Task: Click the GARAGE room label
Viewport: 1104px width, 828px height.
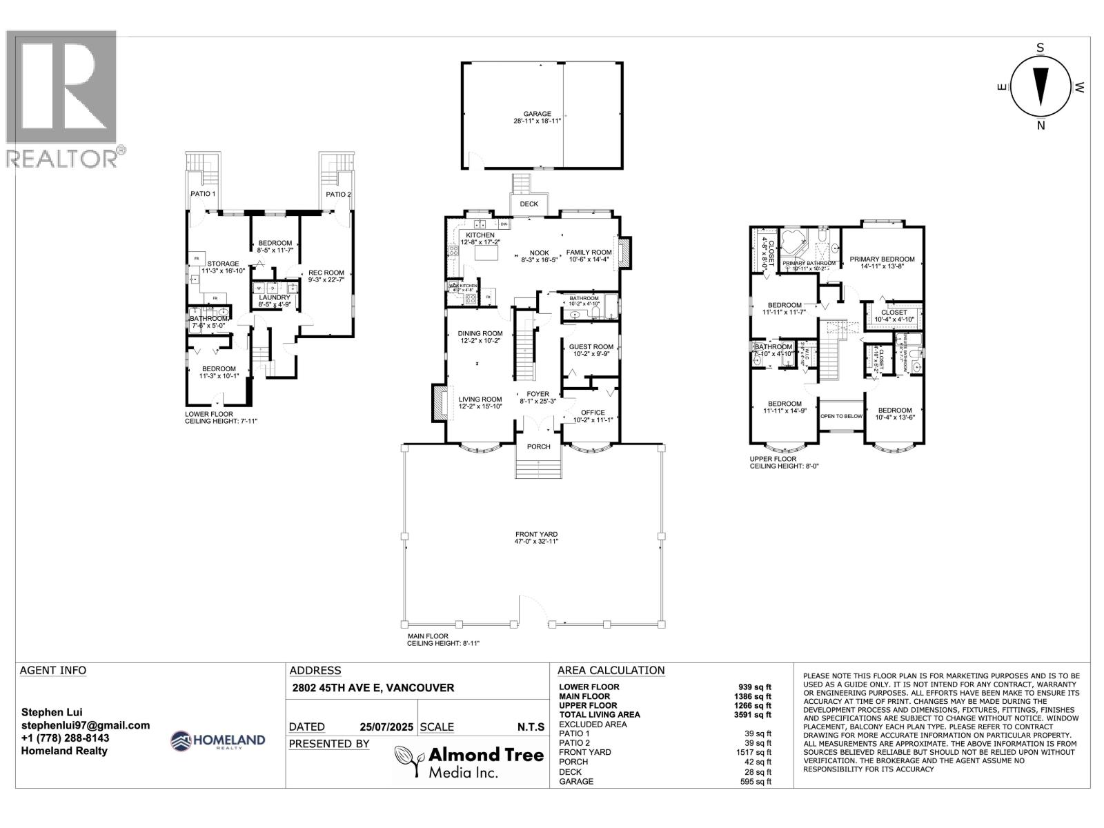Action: pyautogui.click(x=537, y=114)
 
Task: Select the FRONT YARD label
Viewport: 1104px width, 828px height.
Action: pyautogui.click(x=536, y=534)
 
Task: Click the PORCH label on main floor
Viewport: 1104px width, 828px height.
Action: pyautogui.click(x=538, y=446)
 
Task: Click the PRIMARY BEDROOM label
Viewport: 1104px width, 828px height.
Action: pyautogui.click(x=882, y=259)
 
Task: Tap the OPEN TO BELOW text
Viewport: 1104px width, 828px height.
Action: pyautogui.click(x=841, y=416)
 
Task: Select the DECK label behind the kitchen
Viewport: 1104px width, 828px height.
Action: pyautogui.click(x=529, y=204)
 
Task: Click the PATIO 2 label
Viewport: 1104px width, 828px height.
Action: pyautogui.click(x=338, y=195)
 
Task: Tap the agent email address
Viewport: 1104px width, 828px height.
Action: pyautogui.click(x=86, y=725)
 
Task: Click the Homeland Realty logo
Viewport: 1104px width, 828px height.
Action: pyautogui.click(x=217, y=741)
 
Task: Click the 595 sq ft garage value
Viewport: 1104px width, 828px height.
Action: pyautogui.click(x=756, y=781)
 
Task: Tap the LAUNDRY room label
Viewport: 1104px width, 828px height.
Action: pyautogui.click(x=275, y=297)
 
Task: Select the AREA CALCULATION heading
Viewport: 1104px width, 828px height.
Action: pyautogui.click(x=611, y=670)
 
